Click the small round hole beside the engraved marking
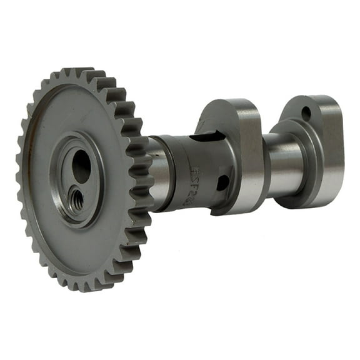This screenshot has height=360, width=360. tap(222, 182)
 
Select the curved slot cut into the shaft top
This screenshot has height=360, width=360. tap(203, 134)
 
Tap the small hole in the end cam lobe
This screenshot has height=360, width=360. tap(306, 114)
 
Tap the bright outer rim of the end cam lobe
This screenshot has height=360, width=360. tap(331, 150)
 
